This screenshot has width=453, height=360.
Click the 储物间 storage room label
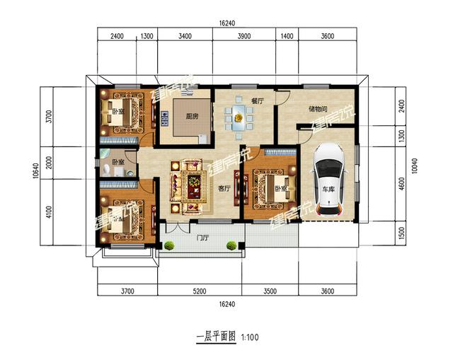[x=318, y=110]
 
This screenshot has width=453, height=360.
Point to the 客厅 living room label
[x=225, y=189]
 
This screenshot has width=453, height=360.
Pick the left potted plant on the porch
[x=170, y=245]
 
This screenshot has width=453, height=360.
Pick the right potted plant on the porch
[x=231, y=245]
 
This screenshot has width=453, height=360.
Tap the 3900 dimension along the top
[x=242, y=35]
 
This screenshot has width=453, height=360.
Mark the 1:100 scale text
[x=251, y=337]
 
